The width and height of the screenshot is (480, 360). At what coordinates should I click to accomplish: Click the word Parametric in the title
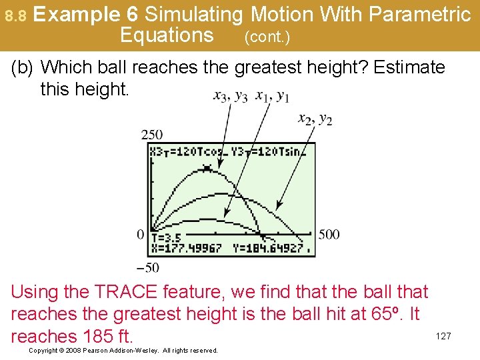pyautogui.click(x=419, y=14)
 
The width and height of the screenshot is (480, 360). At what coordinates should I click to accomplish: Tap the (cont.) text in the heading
pyautogui.click(x=267, y=37)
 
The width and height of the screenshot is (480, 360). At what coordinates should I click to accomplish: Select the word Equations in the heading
pyautogui.click(x=167, y=35)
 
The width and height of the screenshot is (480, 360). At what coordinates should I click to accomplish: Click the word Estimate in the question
pyautogui.click(x=409, y=67)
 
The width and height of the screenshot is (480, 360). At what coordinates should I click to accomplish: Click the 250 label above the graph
pyautogui.click(x=152, y=135)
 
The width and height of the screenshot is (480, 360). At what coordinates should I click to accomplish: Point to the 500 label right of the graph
pyautogui.click(x=328, y=234)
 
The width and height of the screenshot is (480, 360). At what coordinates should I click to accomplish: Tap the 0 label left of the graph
pyautogui.click(x=141, y=234)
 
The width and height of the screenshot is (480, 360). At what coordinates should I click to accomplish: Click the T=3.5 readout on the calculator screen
pyautogui.click(x=167, y=237)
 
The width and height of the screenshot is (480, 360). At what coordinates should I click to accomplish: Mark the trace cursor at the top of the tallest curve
pyautogui.click(x=207, y=167)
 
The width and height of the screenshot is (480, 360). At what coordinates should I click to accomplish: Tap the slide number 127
pyautogui.click(x=443, y=336)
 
